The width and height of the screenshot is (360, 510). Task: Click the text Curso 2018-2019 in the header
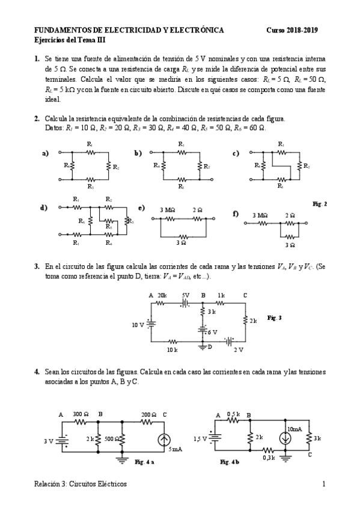(x=292, y=30)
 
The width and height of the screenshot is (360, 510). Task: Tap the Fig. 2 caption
(x=320, y=204)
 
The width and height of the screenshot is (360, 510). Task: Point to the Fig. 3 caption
(x=274, y=318)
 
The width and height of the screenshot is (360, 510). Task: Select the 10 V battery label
(x=138, y=325)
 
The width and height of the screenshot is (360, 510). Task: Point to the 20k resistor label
(x=162, y=295)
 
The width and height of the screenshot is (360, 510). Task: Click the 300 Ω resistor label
(x=81, y=415)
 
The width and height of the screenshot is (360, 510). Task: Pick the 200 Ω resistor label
(x=148, y=415)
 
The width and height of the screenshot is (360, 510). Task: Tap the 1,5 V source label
(x=201, y=438)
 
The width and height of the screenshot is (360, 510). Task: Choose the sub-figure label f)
(x=236, y=214)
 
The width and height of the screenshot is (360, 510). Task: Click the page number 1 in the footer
(x=324, y=484)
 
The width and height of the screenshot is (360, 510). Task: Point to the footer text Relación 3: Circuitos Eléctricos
(x=81, y=484)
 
